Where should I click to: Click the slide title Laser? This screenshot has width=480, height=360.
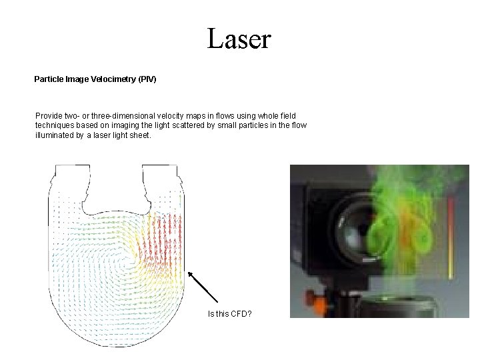click(239, 39)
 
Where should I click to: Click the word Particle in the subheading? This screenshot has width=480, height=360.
click(48, 79)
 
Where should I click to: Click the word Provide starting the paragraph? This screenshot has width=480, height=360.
click(50, 116)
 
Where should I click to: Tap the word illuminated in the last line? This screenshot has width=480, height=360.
click(55, 135)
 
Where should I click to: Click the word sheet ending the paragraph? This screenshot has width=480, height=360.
click(141, 135)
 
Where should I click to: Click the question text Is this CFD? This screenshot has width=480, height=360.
click(229, 313)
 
